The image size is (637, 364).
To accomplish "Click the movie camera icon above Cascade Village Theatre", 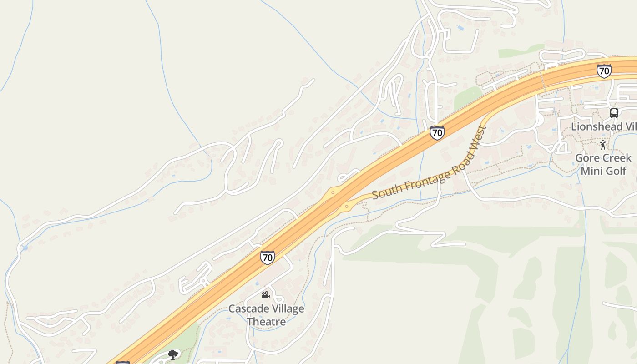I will coord(266,295).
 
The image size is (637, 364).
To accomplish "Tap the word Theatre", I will coord(266,322).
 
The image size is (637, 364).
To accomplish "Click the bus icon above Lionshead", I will coord(614,113).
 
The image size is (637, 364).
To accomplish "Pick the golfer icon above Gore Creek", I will coord(603,145).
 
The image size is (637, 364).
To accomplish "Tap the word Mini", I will coord(591,171).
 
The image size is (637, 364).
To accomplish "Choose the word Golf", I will coord(616,171).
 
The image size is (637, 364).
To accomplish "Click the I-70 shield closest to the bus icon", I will coord(604,71).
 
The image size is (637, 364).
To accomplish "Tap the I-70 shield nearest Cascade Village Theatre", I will coord(268,258).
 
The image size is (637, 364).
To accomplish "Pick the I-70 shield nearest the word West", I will coord(437,133).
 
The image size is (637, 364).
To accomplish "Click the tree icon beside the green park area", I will coord(172,354).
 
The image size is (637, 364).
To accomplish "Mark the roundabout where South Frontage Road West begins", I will coord(347,207).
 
